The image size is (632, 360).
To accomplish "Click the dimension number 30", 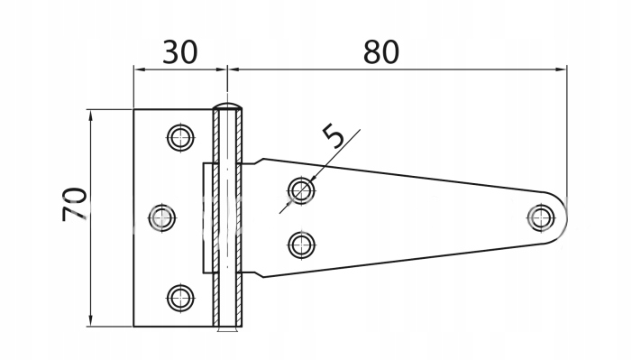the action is coord(179,52).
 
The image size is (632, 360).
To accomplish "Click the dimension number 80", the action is coord(381,52).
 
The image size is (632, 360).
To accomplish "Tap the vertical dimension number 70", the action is coord(75,204).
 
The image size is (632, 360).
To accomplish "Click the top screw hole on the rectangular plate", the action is coord(180,138).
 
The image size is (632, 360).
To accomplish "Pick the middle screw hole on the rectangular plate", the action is coord(162,218).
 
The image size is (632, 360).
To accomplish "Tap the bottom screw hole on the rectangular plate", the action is coord(180,298).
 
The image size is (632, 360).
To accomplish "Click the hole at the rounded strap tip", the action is coord(541,218).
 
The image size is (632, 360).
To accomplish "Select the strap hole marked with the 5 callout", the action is coord(301,189).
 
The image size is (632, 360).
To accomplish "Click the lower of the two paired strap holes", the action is coord(301,245).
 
